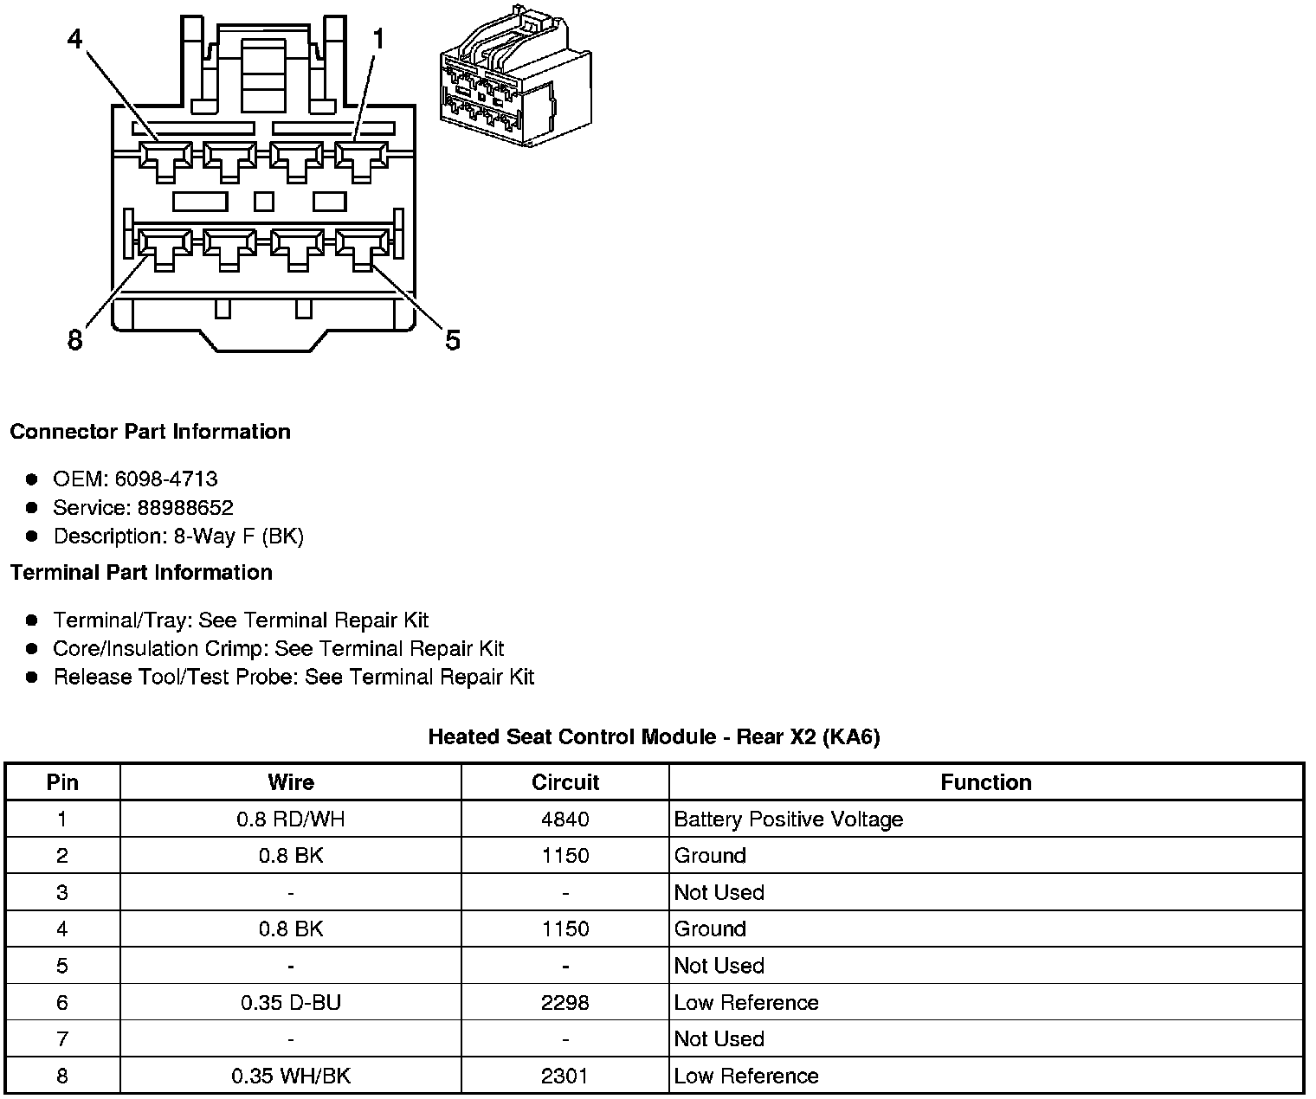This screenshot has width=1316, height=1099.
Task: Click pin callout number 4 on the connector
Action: pyautogui.click(x=75, y=39)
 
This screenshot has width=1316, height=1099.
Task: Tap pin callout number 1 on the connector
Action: pyautogui.click(x=377, y=39)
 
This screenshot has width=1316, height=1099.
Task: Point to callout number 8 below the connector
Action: pyautogui.click(x=75, y=340)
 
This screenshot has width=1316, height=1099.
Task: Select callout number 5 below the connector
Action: pyautogui.click(x=452, y=340)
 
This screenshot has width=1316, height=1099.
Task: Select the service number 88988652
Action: pyautogui.click(x=185, y=507)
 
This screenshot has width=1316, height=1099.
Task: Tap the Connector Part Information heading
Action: pyautogui.click(x=150, y=432)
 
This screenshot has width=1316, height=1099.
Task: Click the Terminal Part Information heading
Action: pyautogui.click(x=141, y=573)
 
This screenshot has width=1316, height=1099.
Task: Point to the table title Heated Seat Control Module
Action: pyautogui.click(x=654, y=737)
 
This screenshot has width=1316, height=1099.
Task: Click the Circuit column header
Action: pyautogui.click(x=565, y=782)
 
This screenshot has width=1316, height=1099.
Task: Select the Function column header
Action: pyautogui.click(x=986, y=782)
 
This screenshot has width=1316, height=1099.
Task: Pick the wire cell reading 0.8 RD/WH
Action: pyautogui.click(x=291, y=819)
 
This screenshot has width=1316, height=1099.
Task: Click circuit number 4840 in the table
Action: pyautogui.click(x=565, y=819)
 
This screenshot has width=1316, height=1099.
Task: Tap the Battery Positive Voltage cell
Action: pyautogui.click(x=789, y=819)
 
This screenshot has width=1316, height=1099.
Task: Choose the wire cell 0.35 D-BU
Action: pyautogui.click(x=291, y=1003)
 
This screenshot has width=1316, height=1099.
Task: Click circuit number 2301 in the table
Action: pyautogui.click(x=565, y=1077)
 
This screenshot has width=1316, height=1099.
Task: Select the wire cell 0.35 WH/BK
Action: pyautogui.click(x=291, y=1077)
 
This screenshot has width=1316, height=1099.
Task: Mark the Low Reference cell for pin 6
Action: pyautogui.click(x=746, y=1003)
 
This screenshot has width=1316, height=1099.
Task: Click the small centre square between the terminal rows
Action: pyautogui.click(x=264, y=202)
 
